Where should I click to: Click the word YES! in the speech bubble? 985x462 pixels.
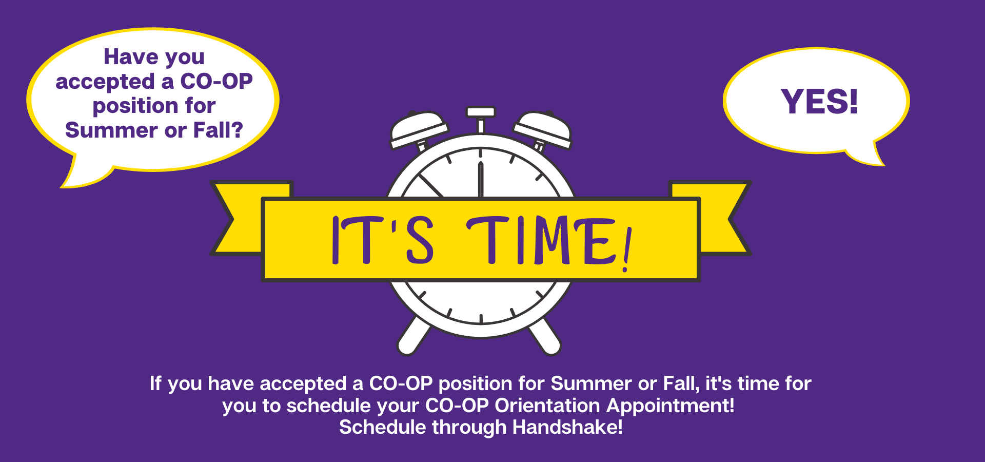coord(819,101)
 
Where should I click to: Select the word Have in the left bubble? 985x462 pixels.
coord(130,56)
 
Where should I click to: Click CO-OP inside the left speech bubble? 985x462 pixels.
coord(216,81)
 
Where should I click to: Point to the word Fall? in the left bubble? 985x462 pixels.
coord(218,130)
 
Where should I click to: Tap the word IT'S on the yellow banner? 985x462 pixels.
coord(383,240)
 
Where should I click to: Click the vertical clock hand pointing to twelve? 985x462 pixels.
coord(481,179)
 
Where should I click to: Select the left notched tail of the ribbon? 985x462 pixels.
coord(241,218)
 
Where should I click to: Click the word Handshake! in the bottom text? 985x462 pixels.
coord(567,427)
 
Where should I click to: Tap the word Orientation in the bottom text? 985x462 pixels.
coord(547,406)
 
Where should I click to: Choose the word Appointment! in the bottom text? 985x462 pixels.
coord(671,406)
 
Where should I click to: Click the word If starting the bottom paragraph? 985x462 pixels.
coord(155,383)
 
